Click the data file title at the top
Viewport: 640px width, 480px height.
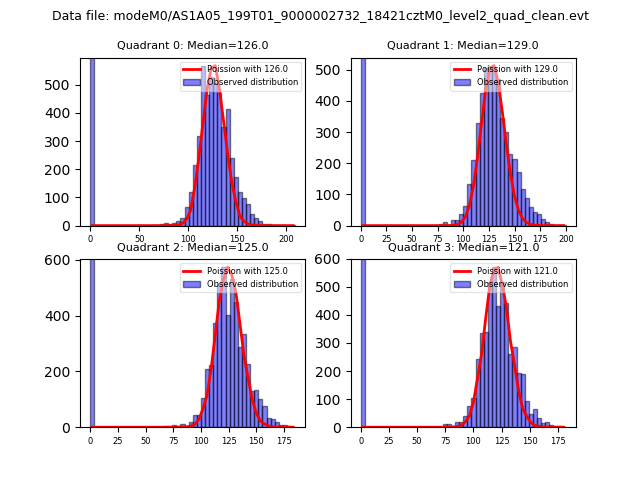(320, 16)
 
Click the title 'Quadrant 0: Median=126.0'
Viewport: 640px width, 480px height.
(192, 45)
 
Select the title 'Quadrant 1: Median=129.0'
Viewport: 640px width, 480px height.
(463, 45)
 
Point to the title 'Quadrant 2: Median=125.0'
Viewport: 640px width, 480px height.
(192, 247)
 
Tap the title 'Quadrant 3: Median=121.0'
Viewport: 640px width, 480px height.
(463, 247)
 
